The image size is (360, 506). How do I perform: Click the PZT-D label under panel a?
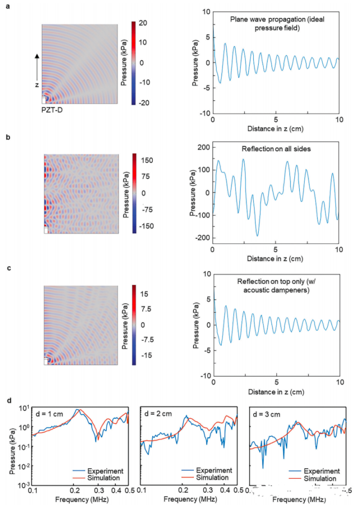[52, 110]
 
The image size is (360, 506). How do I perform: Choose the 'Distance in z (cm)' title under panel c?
[275, 393]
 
